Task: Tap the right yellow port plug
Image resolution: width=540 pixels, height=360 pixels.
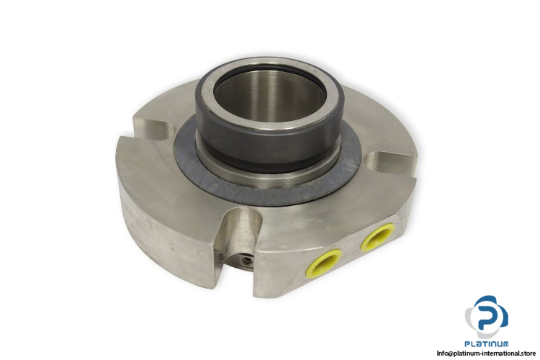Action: pyautogui.click(x=377, y=236)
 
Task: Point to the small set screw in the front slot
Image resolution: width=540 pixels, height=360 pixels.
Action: pyautogui.click(x=246, y=261)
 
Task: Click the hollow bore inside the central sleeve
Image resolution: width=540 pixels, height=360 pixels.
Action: pyautogui.click(x=270, y=96)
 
